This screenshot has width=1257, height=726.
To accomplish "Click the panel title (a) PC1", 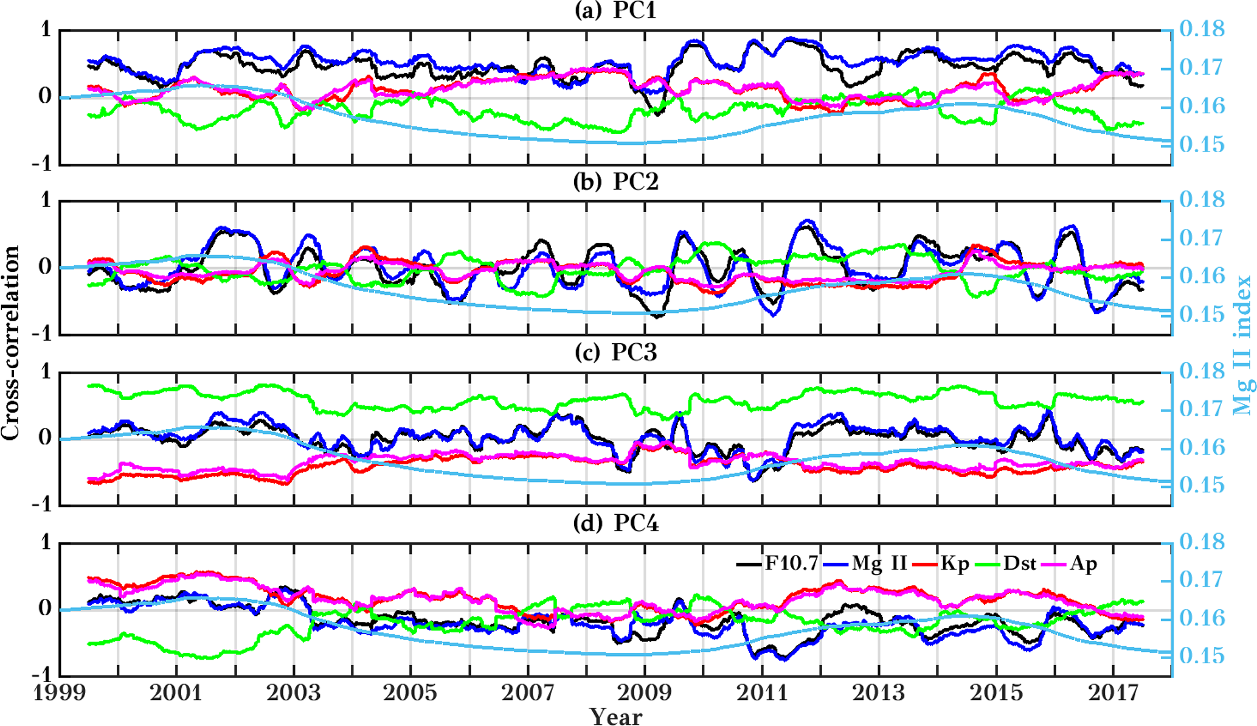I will (x=615, y=10).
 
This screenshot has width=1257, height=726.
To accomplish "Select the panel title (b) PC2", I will (x=615, y=181).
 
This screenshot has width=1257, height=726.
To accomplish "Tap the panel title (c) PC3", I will (x=615, y=352).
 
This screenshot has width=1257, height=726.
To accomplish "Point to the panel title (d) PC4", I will (x=615, y=523).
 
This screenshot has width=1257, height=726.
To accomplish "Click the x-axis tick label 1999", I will (x=59, y=693).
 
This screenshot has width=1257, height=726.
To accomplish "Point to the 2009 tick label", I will (x=645, y=693).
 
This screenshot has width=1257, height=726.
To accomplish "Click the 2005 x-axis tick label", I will (x=410, y=693).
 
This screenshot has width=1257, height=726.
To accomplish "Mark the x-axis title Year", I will (x=615, y=716).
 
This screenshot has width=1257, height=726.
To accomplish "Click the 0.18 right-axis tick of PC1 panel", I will (x=1202, y=29).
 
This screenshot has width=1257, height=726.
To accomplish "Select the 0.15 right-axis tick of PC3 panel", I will (x=1202, y=486).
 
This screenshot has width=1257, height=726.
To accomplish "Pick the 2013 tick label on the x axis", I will (x=879, y=693).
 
